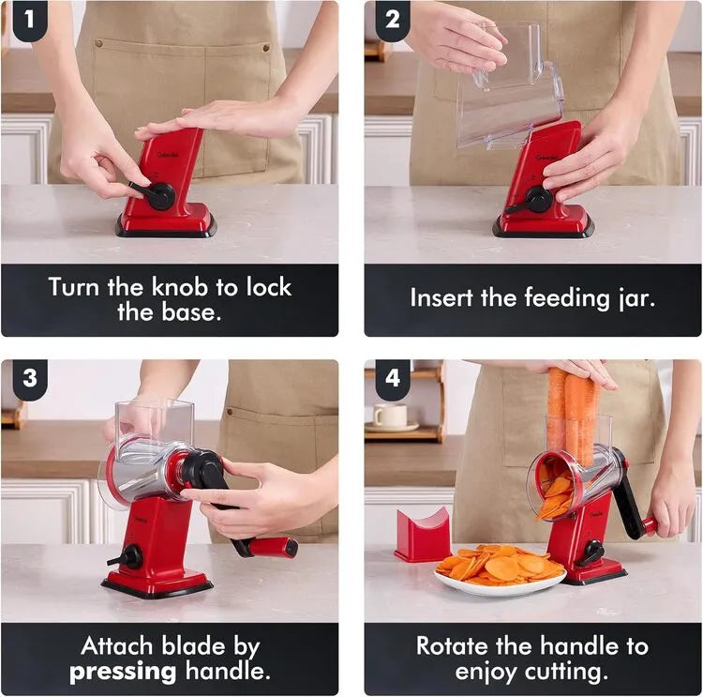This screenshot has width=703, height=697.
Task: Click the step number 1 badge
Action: pyautogui.click(x=30, y=20)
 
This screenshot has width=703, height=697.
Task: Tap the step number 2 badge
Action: pyautogui.click(x=393, y=20)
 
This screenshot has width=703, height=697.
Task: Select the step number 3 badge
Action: pyautogui.click(x=30, y=378)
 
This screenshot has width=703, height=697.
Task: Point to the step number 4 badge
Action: pyautogui.click(x=393, y=378)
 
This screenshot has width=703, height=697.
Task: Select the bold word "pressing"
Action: pyautogui.click(x=123, y=673)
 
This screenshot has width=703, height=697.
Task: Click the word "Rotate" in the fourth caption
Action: pyautogui.click(x=452, y=646)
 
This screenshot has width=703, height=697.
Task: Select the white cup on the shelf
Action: pyautogui.click(x=391, y=416)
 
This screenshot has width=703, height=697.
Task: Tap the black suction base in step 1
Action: pyautogui.click(x=166, y=230)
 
